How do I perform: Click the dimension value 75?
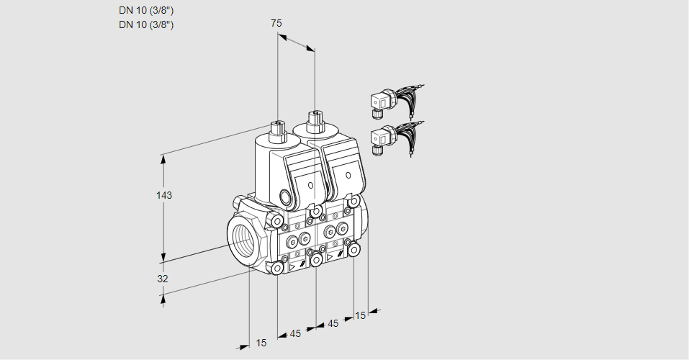(276, 23)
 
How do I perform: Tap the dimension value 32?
(163, 279)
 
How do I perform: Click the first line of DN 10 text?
(147, 11)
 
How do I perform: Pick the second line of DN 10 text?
(147, 25)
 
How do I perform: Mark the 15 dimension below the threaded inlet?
(261, 343)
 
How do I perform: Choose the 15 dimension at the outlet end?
(360, 315)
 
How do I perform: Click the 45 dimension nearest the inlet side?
(295, 333)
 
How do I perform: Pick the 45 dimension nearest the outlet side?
(333, 323)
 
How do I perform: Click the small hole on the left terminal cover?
(311, 185)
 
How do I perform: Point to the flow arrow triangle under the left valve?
(293, 266)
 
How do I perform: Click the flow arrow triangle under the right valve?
(330, 256)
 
